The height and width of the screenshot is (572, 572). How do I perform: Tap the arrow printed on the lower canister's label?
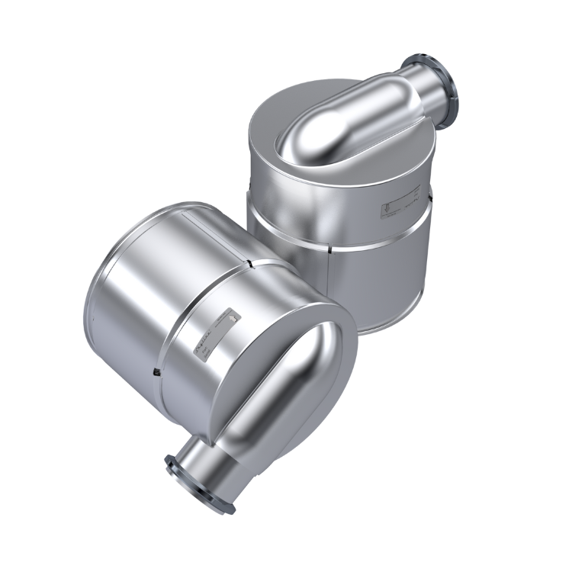coord(229,314)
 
